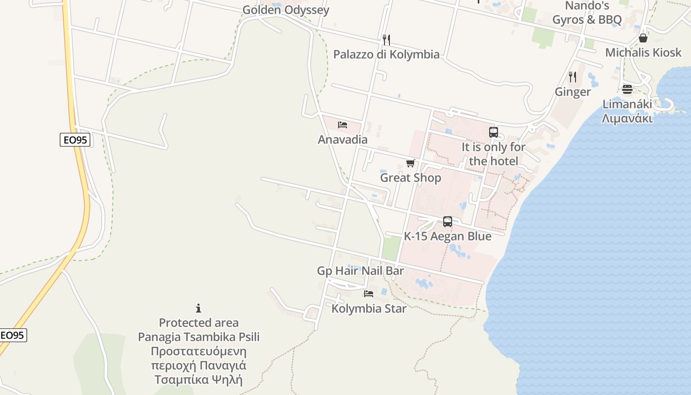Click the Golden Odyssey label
pyautogui.click(x=285, y=10)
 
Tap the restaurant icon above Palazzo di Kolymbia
pyautogui.click(x=386, y=39)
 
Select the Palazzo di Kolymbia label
pyautogui.click(x=386, y=54)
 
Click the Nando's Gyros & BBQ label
pyautogui.click(x=587, y=13)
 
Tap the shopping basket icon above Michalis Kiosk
pyautogui.click(x=643, y=38)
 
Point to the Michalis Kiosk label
pyautogui.click(x=643, y=52)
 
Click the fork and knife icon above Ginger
pyautogui.click(x=573, y=77)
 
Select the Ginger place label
pyautogui.click(x=573, y=92)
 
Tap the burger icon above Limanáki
pyautogui.click(x=627, y=89)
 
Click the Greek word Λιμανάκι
pyautogui.click(x=627, y=118)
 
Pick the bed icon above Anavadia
pyautogui.click(x=343, y=124)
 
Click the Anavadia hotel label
pyautogui.click(x=343, y=139)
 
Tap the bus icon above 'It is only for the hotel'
pyautogui.click(x=494, y=132)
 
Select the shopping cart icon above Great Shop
pyautogui.click(x=410, y=163)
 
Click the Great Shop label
pyautogui.click(x=410, y=178)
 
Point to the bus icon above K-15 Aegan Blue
pyautogui.click(x=448, y=222)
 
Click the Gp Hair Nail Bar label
pyautogui.click(x=360, y=271)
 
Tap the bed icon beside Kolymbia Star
pyautogui.click(x=369, y=294)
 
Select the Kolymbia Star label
pyautogui.click(x=369, y=309)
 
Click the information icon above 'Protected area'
pyautogui.click(x=198, y=308)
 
